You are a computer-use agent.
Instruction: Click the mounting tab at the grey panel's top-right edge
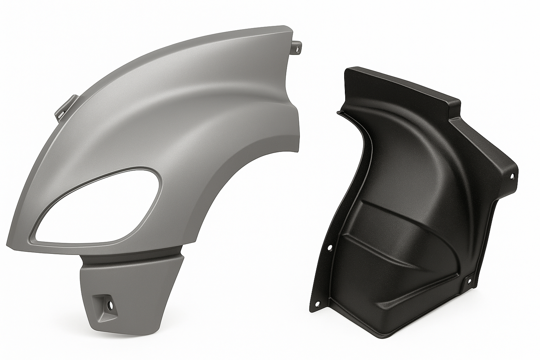click(x=298, y=48)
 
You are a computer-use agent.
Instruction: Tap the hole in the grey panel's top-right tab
click(x=298, y=50)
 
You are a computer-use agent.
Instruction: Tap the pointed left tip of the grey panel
click(x=8, y=240)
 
